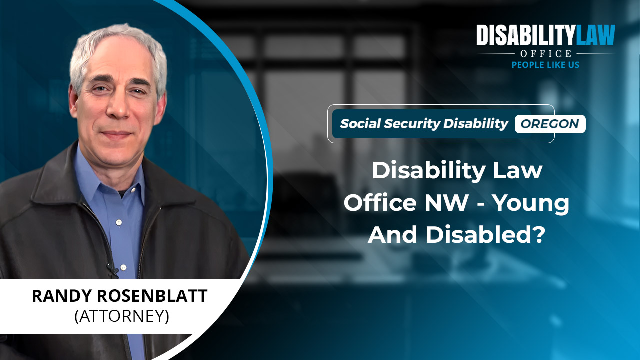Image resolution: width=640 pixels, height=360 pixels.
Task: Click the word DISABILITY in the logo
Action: coord(525,35)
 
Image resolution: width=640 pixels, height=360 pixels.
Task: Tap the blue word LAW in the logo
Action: coord(595,35)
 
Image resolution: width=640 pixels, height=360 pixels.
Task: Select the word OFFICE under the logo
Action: coord(546,53)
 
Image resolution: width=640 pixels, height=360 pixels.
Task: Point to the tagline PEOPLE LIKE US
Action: coord(545,65)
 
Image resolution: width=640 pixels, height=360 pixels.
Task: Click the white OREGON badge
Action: coord(550,124)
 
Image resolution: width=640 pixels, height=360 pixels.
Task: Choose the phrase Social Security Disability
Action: coord(424,124)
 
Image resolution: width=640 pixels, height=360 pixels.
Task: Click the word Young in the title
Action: coord(531,203)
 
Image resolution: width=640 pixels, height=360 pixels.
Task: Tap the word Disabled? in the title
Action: coord(485,235)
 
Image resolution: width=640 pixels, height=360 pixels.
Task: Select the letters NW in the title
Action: coord(446,202)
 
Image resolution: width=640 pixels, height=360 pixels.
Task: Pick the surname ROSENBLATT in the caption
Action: coord(152,296)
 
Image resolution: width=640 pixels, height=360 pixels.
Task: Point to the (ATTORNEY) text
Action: coord(122,316)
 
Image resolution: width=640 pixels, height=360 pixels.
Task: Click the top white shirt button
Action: coord(119,222)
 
